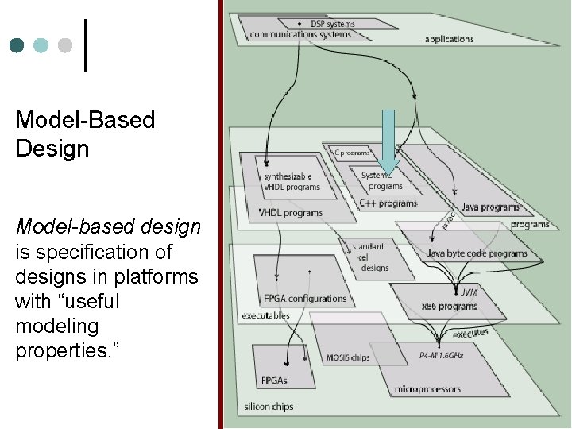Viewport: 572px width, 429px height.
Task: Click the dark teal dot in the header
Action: point(17,45)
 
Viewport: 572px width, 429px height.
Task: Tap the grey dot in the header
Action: point(66,45)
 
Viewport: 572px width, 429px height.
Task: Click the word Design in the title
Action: point(52,149)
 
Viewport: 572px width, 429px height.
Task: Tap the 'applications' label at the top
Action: point(449,39)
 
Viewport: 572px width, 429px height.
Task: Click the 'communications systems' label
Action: point(300,34)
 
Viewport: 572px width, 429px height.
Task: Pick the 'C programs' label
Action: point(352,153)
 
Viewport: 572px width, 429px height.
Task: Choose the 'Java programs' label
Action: point(490,207)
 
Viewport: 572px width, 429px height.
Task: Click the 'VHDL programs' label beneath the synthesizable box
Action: point(291,213)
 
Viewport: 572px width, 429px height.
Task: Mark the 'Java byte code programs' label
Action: point(477,253)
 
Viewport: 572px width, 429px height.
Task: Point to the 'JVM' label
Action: point(469,292)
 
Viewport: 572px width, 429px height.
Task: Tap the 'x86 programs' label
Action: point(450,306)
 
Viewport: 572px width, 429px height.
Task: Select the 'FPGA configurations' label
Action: point(305,299)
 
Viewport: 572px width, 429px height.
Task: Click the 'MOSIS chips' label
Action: point(348,357)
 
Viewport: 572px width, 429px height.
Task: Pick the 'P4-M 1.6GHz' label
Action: point(441,355)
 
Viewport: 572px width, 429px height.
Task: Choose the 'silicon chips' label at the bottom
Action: point(269,407)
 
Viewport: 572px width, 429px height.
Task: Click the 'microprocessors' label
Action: point(427,389)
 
